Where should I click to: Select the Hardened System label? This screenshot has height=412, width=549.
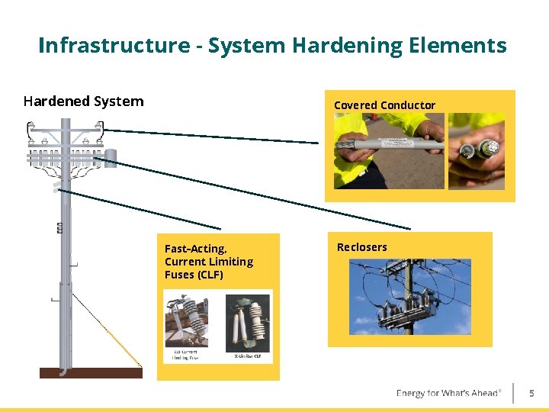click(x=83, y=101)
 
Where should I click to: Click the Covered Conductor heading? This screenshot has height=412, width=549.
click(x=384, y=105)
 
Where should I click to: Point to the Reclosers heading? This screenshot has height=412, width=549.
click(x=361, y=247)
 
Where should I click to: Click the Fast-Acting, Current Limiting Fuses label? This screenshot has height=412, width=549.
click(x=208, y=261)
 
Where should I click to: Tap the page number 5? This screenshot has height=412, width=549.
click(x=532, y=394)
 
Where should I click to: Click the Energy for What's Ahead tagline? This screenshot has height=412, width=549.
click(x=448, y=393)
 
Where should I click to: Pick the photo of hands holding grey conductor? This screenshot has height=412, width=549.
click(x=389, y=150)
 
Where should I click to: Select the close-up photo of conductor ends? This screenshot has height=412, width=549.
click(x=476, y=150)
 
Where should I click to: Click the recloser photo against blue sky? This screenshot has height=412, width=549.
click(x=410, y=297)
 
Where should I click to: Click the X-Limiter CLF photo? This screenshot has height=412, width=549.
click(x=248, y=321)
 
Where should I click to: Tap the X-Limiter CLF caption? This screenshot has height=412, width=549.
click(x=248, y=356)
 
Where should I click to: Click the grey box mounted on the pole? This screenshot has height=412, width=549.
click(x=111, y=158)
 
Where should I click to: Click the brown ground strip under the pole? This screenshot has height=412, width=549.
click(x=91, y=373)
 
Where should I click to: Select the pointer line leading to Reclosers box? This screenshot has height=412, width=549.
click(x=259, y=195)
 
